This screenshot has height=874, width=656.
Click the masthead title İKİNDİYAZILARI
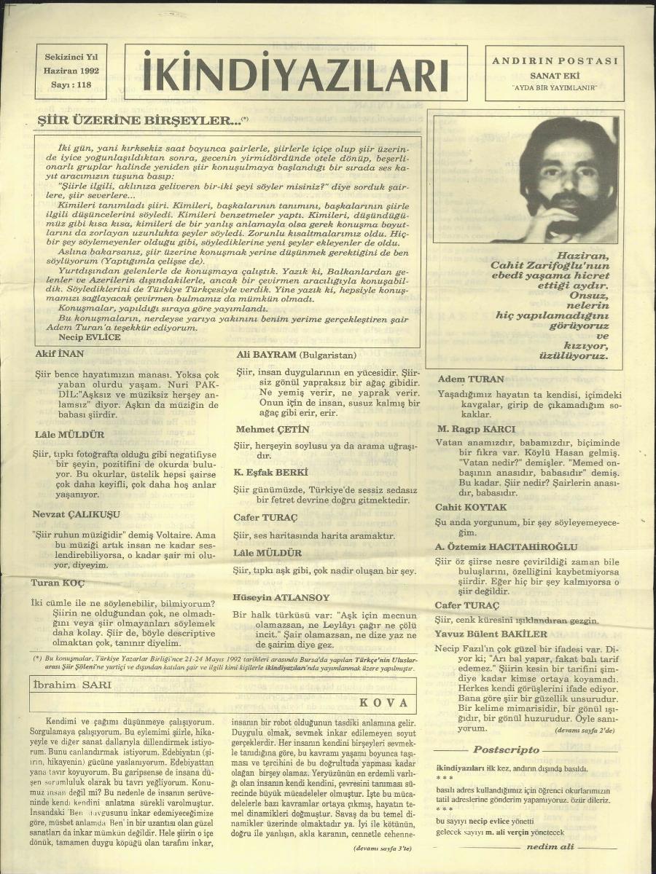(295, 74)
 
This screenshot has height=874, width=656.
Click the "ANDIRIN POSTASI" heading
(555, 61)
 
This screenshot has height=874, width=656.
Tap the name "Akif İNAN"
(60, 355)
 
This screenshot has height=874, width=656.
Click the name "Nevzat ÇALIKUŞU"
(76, 514)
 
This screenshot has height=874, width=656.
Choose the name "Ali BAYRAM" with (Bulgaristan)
(294, 355)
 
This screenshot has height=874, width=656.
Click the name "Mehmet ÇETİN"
(272, 429)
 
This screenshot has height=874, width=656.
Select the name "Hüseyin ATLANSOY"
(281, 597)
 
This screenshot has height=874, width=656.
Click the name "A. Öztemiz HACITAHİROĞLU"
(506, 547)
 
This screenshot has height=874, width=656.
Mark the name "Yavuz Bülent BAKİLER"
(491, 634)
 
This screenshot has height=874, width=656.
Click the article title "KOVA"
(378, 703)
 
